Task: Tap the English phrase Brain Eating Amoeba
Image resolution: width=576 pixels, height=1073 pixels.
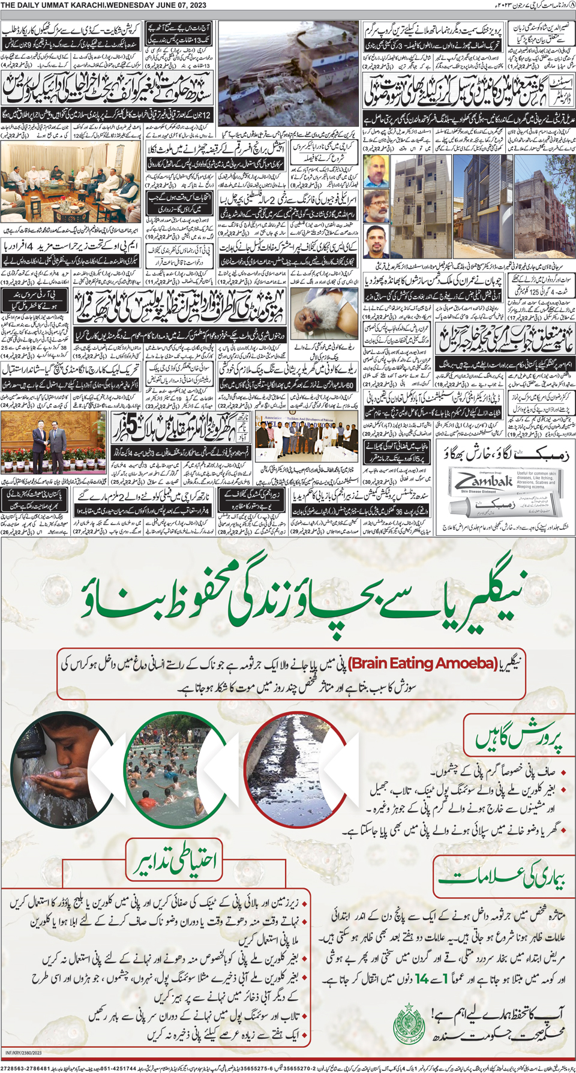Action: tap(423, 663)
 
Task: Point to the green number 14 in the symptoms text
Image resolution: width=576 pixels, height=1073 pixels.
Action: tap(422, 979)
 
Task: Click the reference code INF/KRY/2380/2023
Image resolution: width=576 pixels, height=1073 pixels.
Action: tap(23, 1053)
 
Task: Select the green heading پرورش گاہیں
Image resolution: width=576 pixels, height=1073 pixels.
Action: tap(520, 739)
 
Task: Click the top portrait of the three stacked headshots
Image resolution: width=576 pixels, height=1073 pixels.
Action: tap(376, 172)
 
